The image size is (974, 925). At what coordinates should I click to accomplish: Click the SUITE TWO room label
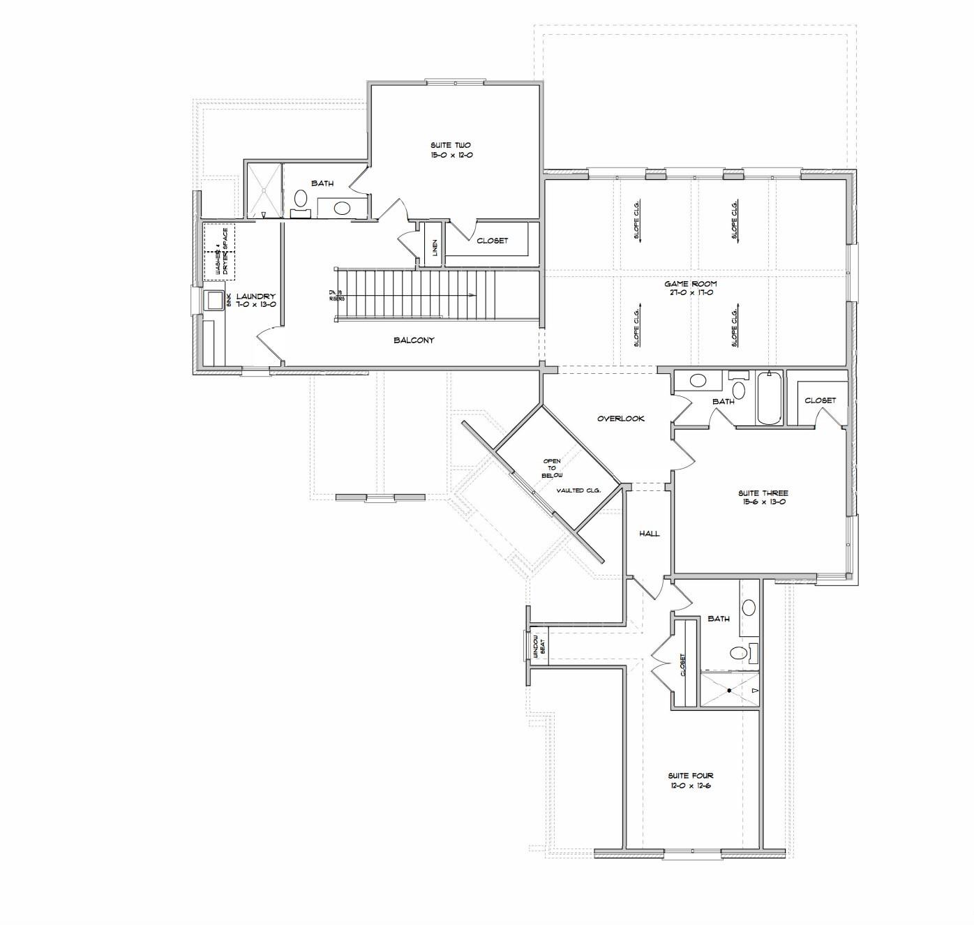point(452,150)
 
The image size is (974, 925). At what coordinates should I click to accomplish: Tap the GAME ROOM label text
point(690,288)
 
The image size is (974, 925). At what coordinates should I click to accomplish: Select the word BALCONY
point(414,340)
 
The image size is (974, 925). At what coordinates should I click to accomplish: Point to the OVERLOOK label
point(620,419)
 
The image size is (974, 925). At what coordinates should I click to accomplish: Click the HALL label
point(650,534)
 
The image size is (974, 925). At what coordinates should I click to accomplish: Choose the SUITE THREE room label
point(763,497)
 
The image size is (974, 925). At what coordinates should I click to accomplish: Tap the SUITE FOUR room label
point(690,780)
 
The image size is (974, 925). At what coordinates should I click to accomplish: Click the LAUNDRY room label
point(255,300)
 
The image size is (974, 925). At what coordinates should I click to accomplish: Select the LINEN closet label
point(434,247)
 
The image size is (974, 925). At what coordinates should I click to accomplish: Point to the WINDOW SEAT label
point(538,647)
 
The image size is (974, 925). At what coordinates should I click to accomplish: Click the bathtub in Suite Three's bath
point(769,399)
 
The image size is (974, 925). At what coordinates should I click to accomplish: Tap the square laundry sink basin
point(213,301)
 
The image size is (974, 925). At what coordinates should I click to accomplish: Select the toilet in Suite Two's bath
point(301,200)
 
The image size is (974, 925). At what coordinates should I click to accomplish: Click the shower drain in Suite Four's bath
point(728,691)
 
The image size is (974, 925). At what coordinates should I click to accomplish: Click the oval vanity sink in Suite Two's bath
point(342,208)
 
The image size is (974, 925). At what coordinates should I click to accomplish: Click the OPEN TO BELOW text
point(552,468)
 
